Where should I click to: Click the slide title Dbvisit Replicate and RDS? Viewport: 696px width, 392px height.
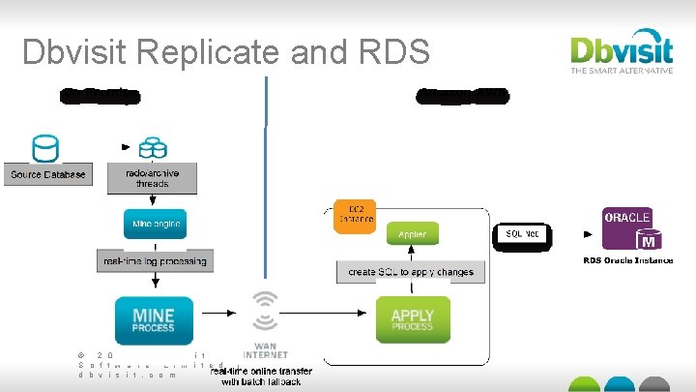[225, 51]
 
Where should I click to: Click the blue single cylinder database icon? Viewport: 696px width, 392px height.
[44, 149]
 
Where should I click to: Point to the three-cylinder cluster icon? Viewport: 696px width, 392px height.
[152, 148]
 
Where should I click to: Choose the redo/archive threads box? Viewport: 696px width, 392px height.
[152, 178]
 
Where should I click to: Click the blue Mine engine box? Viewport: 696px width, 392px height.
[155, 225]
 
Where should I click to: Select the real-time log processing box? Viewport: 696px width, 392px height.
[155, 261]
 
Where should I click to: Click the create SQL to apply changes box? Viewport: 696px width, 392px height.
[411, 272]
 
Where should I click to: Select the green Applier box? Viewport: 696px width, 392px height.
[412, 234]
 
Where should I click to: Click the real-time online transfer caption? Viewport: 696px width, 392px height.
[261, 377]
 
